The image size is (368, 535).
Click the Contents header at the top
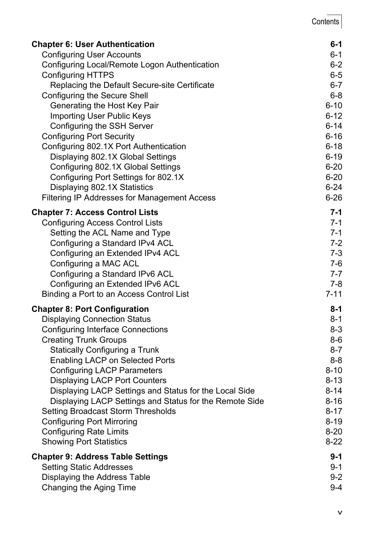[325, 22]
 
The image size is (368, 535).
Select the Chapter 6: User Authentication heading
[93, 44]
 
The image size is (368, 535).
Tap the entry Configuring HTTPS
[78, 75]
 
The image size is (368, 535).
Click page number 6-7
[336, 85]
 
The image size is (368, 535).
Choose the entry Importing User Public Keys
[100, 116]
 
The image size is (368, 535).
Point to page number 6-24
[334, 187]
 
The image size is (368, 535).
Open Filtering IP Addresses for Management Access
[128, 198]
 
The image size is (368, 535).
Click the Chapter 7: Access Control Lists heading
[95, 212]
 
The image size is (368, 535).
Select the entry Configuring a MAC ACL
[95, 264]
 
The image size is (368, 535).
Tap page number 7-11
[334, 294]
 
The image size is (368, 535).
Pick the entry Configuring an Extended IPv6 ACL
[115, 284]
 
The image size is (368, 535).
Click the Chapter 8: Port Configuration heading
[90, 309]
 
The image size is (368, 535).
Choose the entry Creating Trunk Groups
[84, 340]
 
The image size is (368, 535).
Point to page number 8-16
[334, 401]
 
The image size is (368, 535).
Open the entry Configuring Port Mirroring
[89, 422]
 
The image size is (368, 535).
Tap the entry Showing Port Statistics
[84, 442]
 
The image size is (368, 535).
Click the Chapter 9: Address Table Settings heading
[100, 457]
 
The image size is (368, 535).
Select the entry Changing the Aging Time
[89, 488]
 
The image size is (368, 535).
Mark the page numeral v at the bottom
[339, 513]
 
